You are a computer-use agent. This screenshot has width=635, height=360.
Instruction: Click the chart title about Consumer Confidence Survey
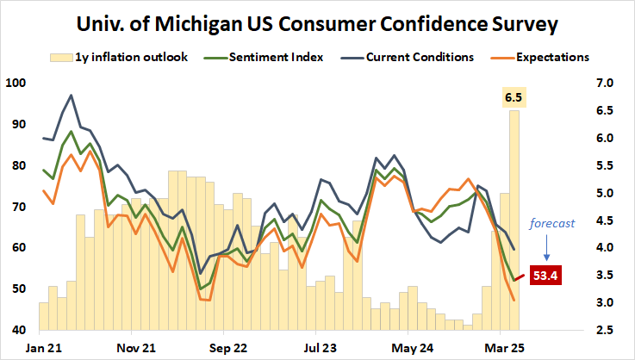tap(317, 24)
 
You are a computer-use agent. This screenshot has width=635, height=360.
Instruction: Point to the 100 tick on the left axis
tap(16, 84)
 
